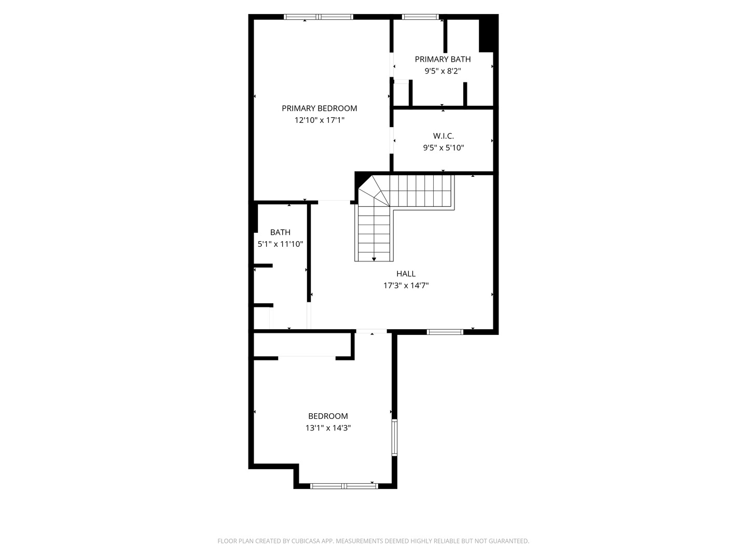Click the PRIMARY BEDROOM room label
(x=319, y=108)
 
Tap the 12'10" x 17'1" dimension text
(x=319, y=120)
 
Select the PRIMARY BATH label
(x=442, y=59)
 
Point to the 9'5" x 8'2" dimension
(x=442, y=71)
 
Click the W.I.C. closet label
(x=444, y=136)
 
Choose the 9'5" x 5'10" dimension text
(x=444, y=148)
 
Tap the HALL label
(x=406, y=274)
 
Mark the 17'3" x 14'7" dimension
(x=406, y=286)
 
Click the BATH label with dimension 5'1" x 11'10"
(x=280, y=232)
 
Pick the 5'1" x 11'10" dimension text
(x=280, y=244)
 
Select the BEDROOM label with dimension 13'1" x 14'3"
(x=328, y=416)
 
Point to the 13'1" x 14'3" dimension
(x=328, y=428)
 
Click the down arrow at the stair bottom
(x=374, y=259)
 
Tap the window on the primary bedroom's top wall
(x=319, y=17)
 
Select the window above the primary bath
(x=421, y=17)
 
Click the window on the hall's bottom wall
(x=445, y=332)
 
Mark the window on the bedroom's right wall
(x=394, y=438)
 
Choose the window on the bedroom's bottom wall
(x=344, y=486)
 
